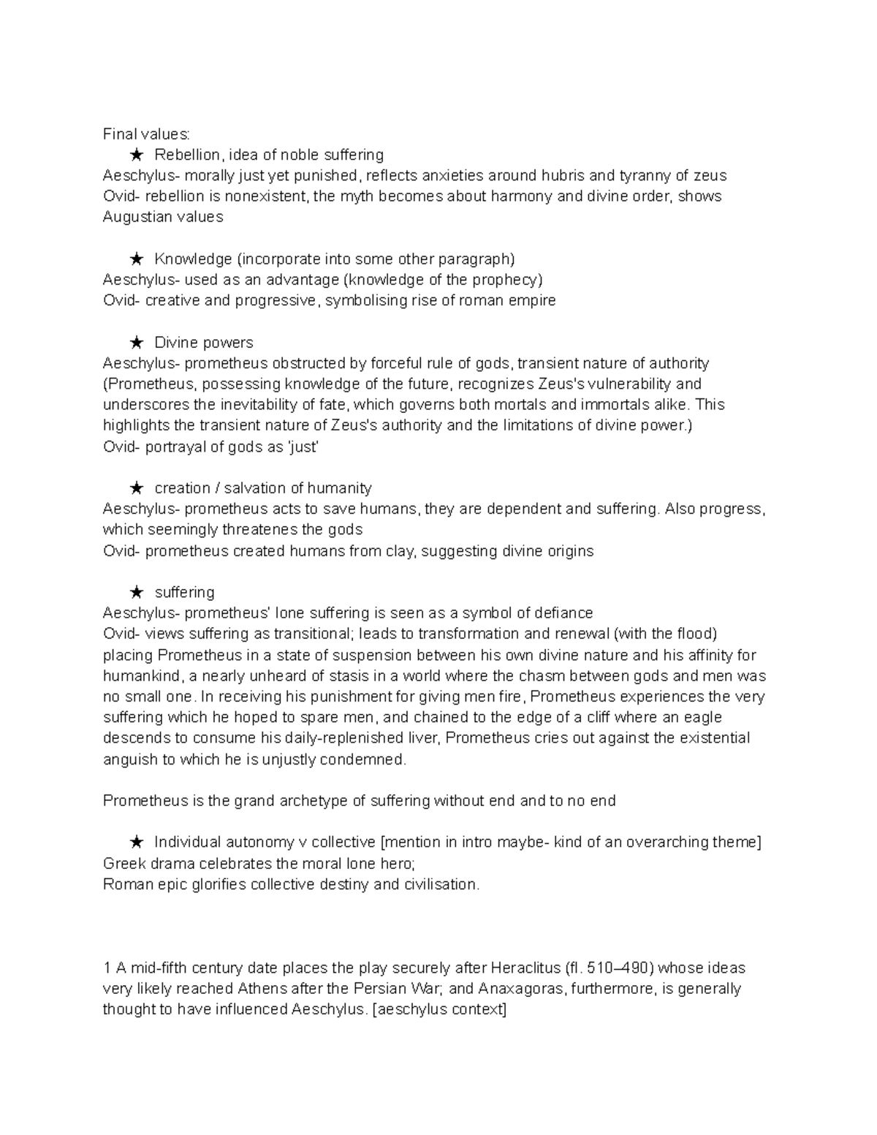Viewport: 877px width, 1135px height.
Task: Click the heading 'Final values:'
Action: click(146, 134)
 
